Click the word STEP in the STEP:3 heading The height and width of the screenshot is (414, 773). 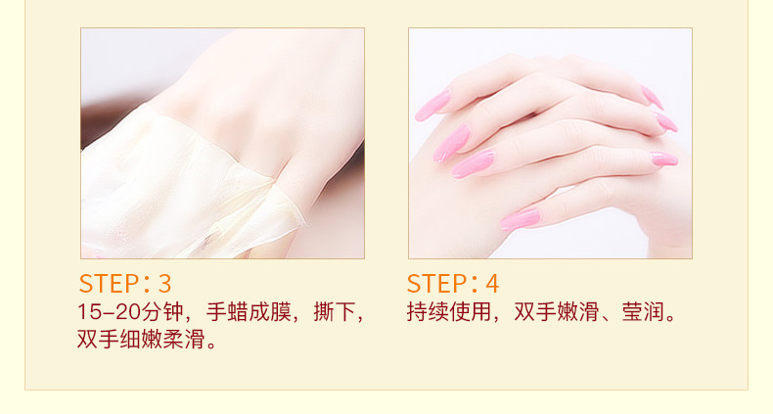point(110,284)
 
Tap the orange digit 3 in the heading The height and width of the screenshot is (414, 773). point(164,284)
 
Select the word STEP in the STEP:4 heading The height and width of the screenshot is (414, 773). point(437,284)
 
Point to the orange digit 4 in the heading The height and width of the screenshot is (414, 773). point(492,284)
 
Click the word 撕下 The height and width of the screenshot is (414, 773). point(335,312)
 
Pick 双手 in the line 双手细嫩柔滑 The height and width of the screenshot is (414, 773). point(98,339)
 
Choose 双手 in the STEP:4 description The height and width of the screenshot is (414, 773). point(535,312)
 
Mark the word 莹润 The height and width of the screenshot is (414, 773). point(643,312)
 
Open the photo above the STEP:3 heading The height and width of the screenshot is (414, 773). point(222,143)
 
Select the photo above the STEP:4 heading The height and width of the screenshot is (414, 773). point(550,143)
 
